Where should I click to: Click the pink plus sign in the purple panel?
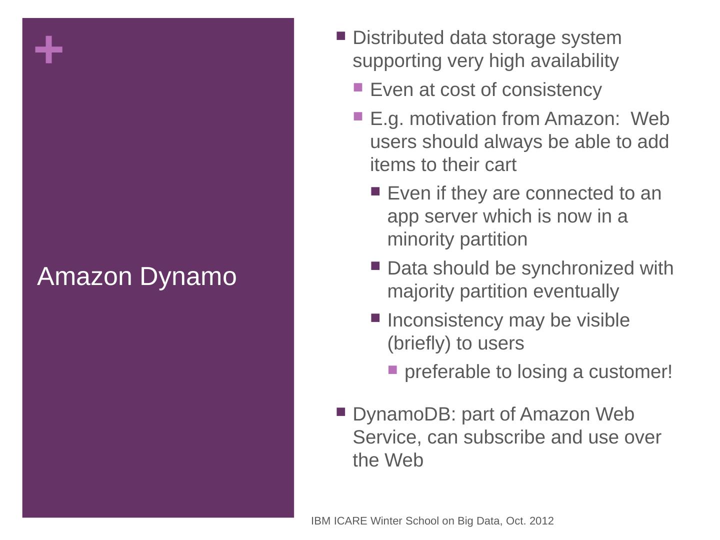point(49,50)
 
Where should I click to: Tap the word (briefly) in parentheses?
point(419,343)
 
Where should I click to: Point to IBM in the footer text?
point(320,521)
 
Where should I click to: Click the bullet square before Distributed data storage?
point(341,36)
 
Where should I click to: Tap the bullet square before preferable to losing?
point(392,370)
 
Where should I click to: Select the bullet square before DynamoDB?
point(341,412)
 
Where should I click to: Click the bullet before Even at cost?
point(358,88)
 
